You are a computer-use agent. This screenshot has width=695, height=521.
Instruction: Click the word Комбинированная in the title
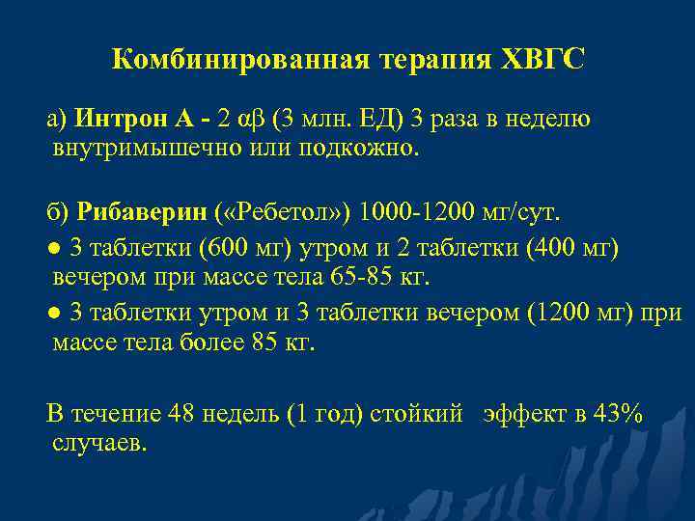tap(236, 61)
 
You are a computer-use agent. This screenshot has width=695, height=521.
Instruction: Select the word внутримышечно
tap(147, 149)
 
